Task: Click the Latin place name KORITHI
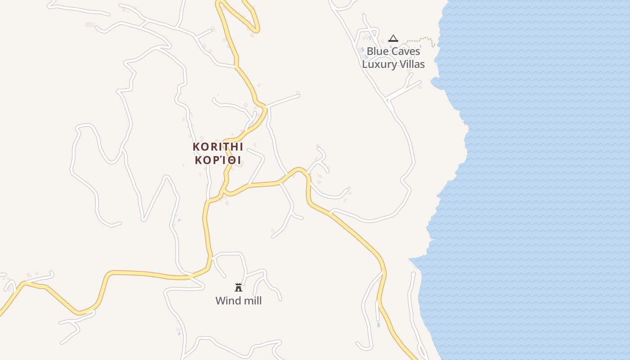218,147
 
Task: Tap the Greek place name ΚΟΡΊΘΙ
218,160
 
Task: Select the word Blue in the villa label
377,51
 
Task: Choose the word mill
252,301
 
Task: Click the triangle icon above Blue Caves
393,39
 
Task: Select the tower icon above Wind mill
238,288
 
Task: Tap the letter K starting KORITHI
196,147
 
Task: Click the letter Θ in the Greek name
230,160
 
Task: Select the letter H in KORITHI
233,147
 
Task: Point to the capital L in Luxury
365,64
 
